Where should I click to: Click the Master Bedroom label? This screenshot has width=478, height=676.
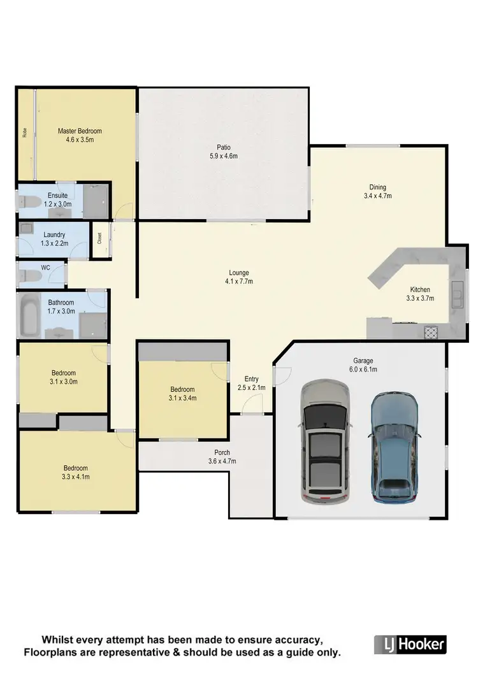tap(80, 131)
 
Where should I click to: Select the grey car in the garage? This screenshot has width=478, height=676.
tap(325, 442)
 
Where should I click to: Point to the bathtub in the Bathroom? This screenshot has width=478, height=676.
tap(29, 315)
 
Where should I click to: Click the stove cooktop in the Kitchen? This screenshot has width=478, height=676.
tap(431, 332)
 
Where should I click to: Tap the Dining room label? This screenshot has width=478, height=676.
tap(377, 187)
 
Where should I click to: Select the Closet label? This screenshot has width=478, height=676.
tap(99, 239)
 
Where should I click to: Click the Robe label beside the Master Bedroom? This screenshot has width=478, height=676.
tap(25, 133)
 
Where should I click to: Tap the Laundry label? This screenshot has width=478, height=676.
tap(55, 235)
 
